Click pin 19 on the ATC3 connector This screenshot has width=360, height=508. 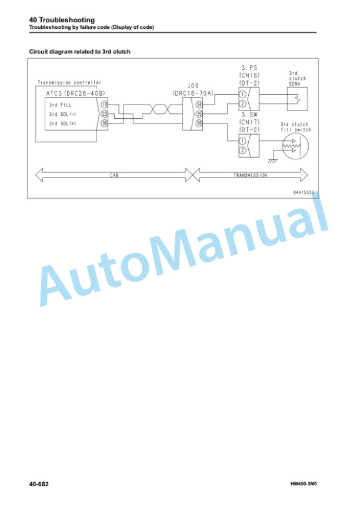[104, 105]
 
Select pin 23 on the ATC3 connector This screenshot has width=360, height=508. [104, 114]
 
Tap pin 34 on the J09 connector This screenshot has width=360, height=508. [199, 105]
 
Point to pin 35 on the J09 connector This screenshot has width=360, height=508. [199, 114]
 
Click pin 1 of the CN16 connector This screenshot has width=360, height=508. [242, 95]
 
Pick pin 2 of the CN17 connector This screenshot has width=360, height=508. [242, 151]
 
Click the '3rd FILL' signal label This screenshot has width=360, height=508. [60, 105]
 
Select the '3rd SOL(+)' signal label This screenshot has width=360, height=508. [62, 123]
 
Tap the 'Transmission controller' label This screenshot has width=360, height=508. [69, 83]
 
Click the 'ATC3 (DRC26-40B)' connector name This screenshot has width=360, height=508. [75, 93]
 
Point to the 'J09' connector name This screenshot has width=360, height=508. [193, 86]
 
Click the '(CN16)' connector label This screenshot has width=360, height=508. [249, 75]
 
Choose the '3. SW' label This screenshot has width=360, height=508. [249, 115]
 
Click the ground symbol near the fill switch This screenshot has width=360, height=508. [273, 161]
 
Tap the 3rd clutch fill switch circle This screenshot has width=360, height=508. [295, 146]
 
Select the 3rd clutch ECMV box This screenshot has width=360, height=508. [297, 99]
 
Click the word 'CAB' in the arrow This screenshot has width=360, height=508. [114, 175]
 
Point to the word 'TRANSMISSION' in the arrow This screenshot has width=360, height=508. [250, 175]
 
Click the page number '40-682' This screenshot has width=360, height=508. [39, 484]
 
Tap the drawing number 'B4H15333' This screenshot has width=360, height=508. [304, 192]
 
